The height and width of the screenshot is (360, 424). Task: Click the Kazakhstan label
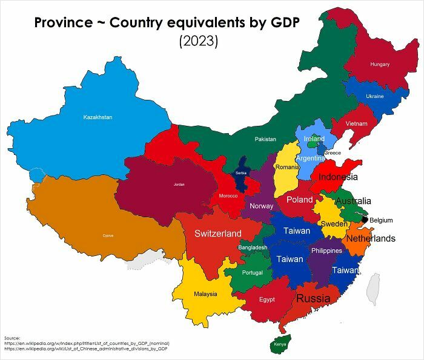98,117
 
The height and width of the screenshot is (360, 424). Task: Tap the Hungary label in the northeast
380,64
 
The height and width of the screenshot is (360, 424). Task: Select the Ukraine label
374,96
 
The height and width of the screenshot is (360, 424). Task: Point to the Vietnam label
356,124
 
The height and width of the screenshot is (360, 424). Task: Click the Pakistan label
265,139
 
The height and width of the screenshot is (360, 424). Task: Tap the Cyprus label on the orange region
108,235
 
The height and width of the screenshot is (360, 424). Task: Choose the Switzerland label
217,234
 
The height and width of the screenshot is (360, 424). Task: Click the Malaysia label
205,294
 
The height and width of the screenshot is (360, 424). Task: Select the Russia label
313,298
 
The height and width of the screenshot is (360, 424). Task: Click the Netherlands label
370,238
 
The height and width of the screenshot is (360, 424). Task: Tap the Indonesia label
337,177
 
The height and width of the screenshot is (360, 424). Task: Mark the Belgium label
381,220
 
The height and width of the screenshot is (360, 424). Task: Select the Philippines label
326,250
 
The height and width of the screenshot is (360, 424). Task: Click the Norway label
261,206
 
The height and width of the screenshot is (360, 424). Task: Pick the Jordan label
179,184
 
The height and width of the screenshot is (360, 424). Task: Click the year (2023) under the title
198,42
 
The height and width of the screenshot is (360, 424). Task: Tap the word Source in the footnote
12,337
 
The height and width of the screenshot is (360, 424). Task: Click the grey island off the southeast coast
374,289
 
